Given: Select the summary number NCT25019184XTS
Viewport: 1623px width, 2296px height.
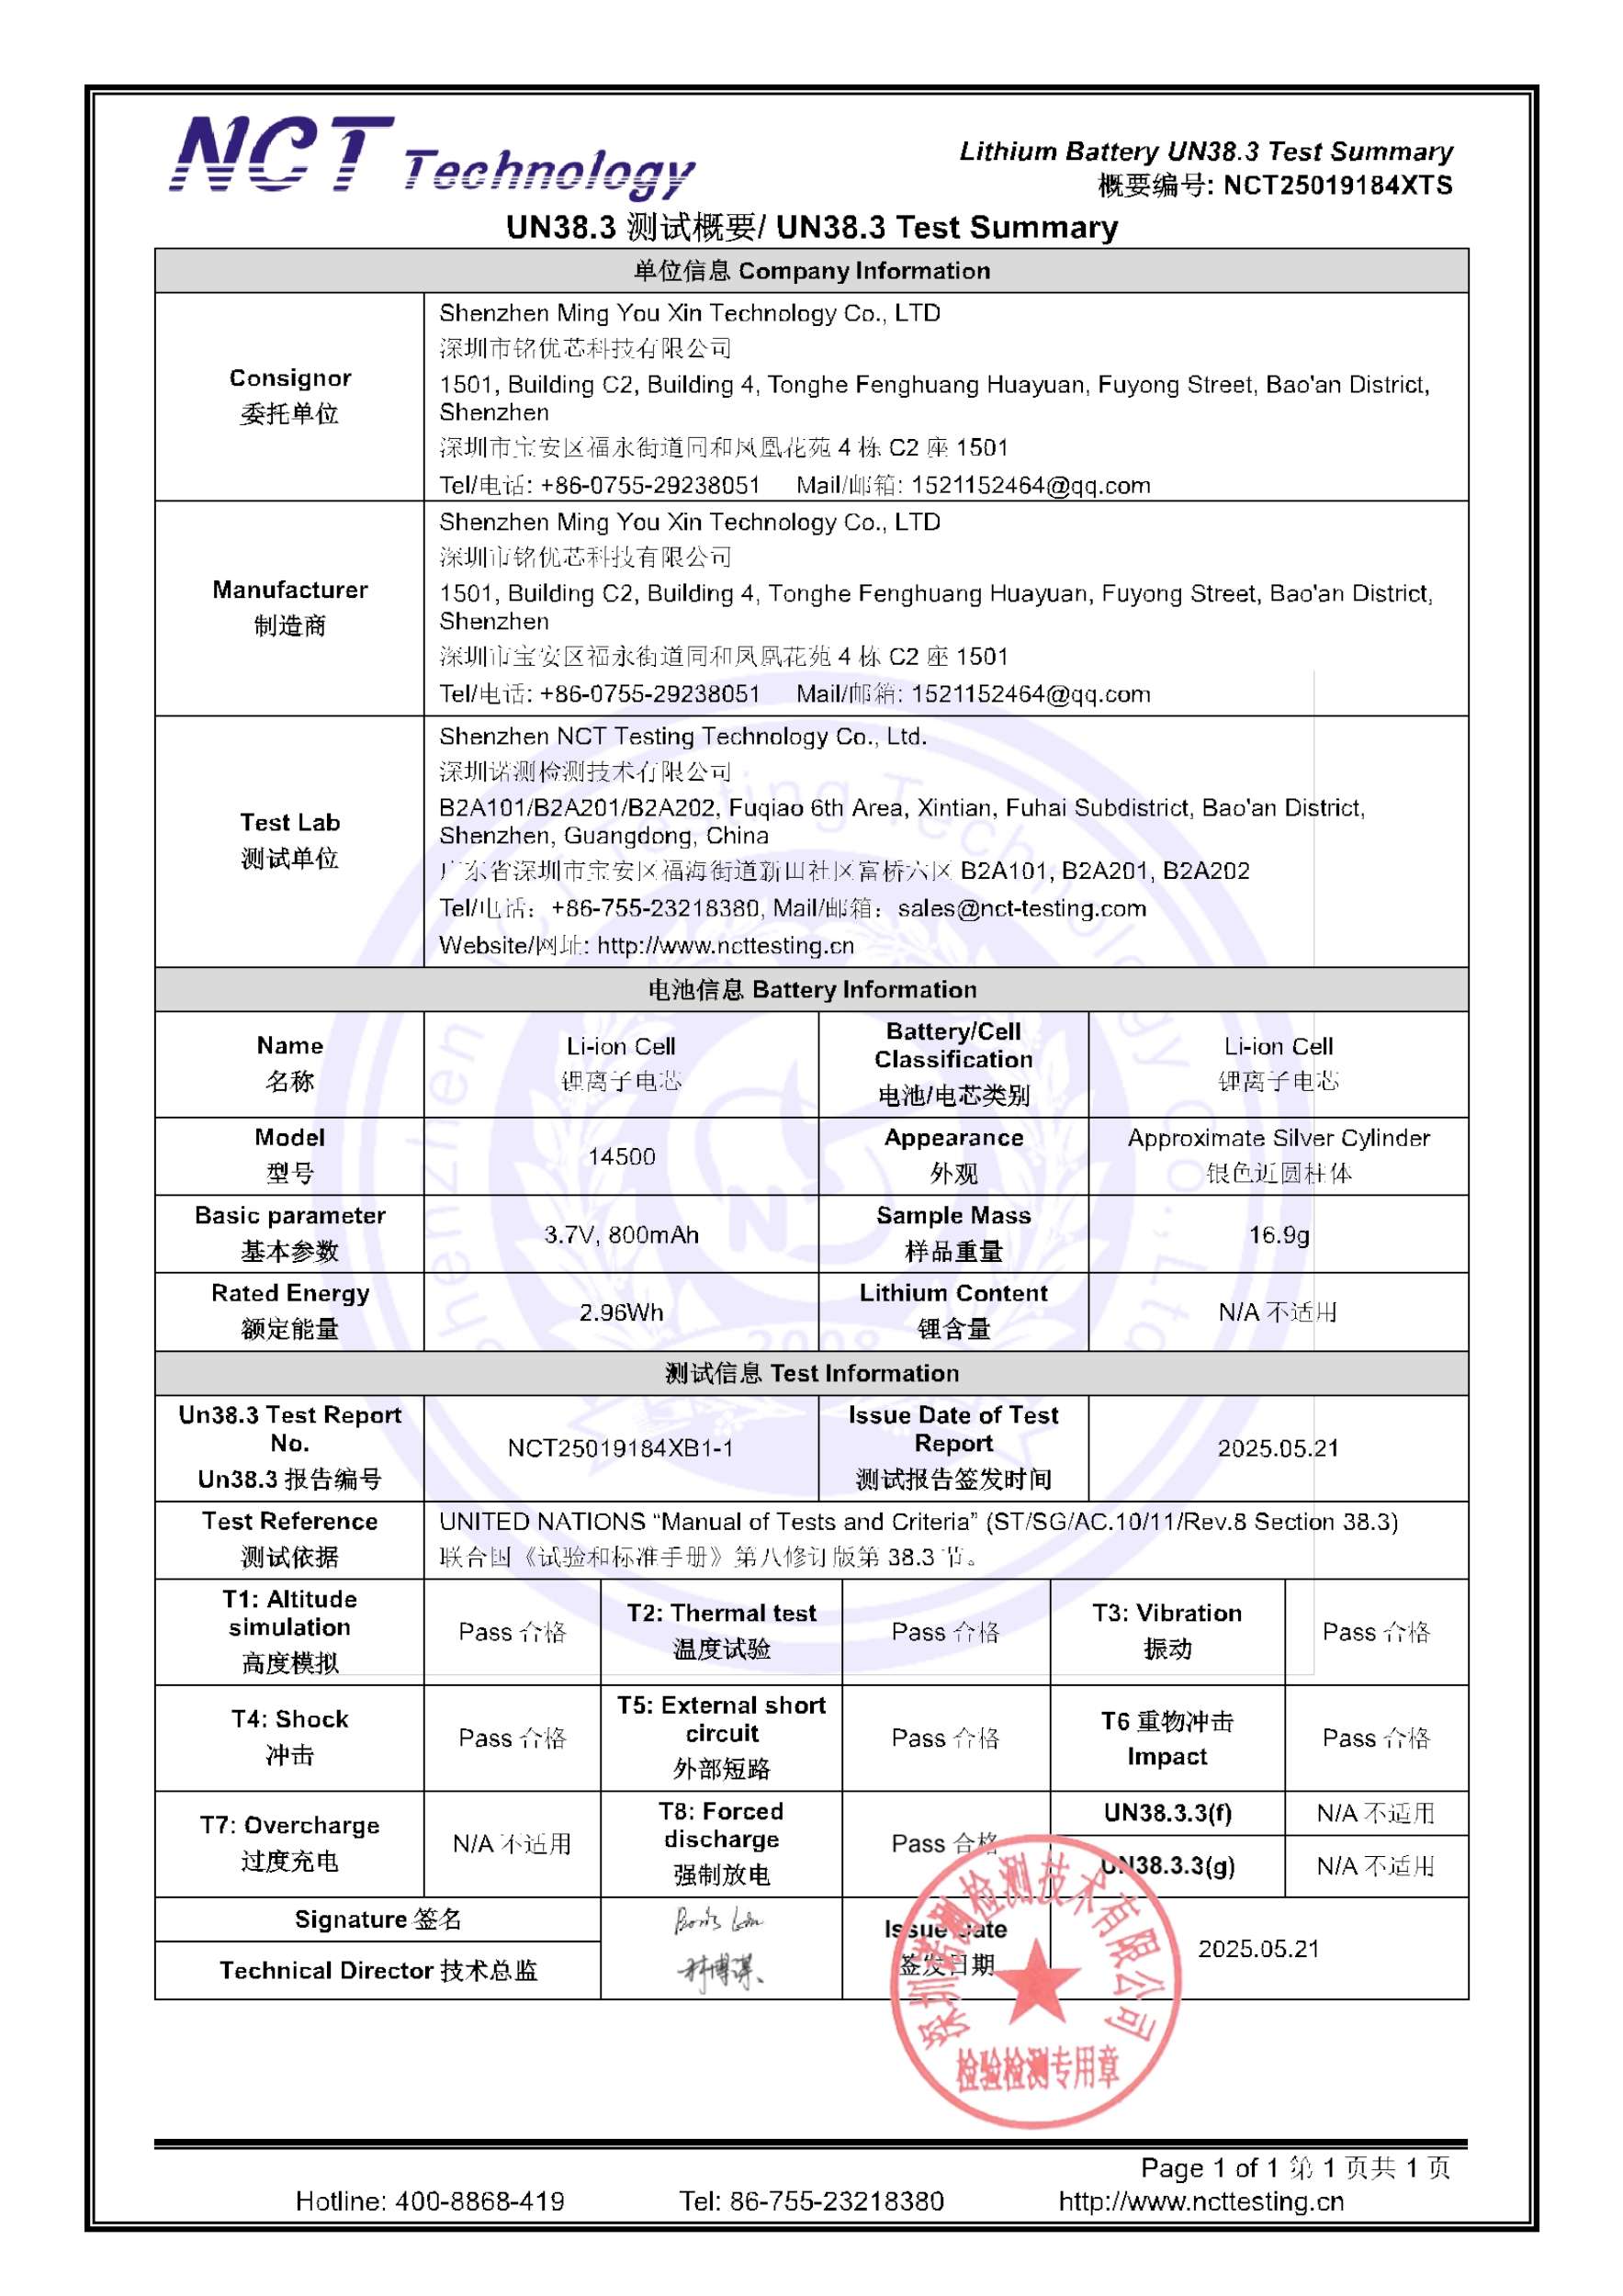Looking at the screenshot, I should pos(1337,186).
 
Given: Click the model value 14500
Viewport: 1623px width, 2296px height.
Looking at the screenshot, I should pos(621,1156).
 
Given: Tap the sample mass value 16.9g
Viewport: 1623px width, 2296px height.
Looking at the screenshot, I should pos(1278,1234).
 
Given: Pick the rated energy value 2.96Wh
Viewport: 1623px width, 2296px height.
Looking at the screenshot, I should pos(621,1312).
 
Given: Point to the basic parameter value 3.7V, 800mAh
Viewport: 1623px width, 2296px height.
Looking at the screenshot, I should pos(621,1234).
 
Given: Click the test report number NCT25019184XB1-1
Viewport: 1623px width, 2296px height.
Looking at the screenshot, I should pos(621,1448).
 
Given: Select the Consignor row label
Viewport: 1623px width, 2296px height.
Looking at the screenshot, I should pos(289,396).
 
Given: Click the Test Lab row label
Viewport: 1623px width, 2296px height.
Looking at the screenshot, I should pos(289,840).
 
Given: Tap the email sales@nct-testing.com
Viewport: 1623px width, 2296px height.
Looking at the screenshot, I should pos(1021,908).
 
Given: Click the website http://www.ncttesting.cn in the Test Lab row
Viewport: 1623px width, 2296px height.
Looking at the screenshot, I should pos(725,945).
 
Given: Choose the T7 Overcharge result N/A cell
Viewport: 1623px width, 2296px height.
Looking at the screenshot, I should pos(512,1843).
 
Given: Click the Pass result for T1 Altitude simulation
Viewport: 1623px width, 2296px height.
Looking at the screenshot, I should pos(512,1632).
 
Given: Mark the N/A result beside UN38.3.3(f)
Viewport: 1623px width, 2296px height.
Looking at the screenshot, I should pos(1375,1813).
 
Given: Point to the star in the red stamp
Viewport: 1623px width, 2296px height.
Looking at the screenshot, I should pos(1037,1985).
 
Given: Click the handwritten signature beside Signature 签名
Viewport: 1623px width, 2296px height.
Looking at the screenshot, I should pos(718,1920).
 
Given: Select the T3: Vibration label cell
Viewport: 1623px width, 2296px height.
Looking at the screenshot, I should pos(1167,1631).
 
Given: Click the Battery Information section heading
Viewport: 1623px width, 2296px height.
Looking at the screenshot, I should pos(811,989).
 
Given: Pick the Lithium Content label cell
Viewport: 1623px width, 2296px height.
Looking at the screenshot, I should pos(953,1311).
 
